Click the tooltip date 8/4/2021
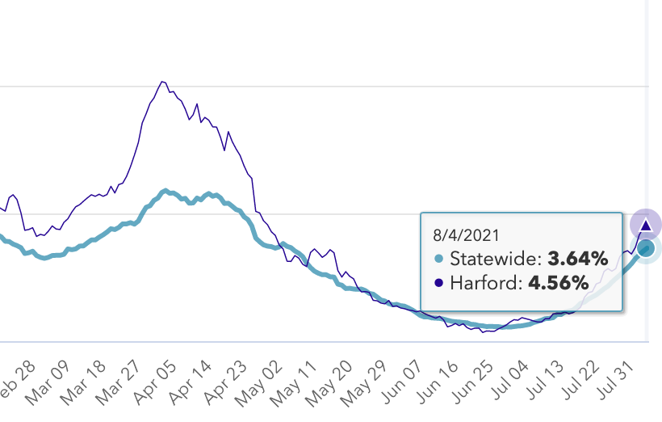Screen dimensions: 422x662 click(x=467, y=235)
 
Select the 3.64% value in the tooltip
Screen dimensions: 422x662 click(x=577, y=260)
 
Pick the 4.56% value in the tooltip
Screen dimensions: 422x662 click(x=559, y=284)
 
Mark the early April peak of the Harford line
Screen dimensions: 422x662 click(x=163, y=82)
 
